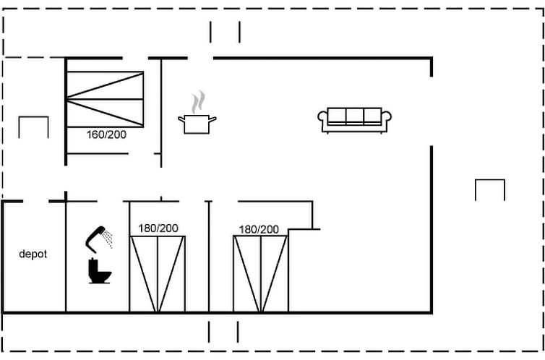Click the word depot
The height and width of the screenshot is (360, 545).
point(33,254)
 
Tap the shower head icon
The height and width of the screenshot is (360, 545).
point(96,236)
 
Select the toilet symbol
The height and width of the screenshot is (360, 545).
point(98,271)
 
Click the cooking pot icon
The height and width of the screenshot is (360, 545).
point(197,123)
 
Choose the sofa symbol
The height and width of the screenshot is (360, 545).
point(354,120)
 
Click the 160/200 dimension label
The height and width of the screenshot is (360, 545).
point(106,134)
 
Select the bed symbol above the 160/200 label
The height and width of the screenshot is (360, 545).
point(105,99)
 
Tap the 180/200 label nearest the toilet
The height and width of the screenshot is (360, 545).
point(158,228)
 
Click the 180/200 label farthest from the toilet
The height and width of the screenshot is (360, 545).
point(259,229)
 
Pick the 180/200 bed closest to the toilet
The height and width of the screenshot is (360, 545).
point(158,274)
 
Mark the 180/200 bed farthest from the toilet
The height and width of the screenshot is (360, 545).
point(260,274)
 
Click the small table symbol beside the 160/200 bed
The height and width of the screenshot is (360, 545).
point(33,127)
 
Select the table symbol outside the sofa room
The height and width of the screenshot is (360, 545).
point(489,189)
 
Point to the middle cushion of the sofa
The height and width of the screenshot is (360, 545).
point(354,116)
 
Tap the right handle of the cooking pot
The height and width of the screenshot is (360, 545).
point(213,119)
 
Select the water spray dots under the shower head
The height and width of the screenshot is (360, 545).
point(108,239)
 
